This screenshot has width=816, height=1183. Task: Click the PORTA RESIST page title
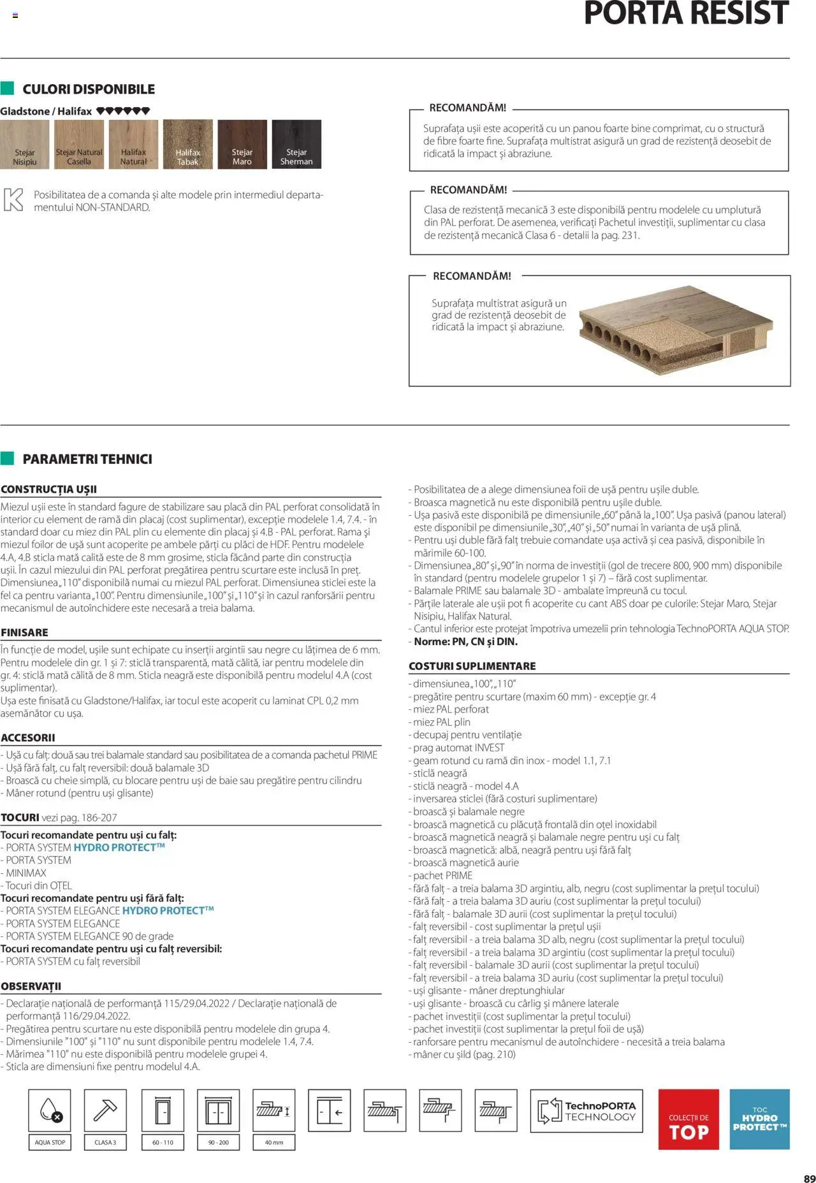[x=686, y=14]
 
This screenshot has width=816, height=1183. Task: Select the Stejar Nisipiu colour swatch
[x=24, y=144]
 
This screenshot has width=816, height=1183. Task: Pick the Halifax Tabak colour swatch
[x=187, y=144]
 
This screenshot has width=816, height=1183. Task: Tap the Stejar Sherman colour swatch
[x=296, y=144]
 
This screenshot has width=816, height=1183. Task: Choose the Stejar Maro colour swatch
[x=242, y=144]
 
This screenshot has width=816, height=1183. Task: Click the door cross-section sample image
[x=675, y=329]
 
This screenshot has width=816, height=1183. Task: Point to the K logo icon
[x=13, y=200]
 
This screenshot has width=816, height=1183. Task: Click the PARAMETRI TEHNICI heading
[x=87, y=459]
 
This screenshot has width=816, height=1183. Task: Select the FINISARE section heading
[x=24, y=632]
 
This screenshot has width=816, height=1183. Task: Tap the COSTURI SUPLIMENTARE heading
[x=472, y=666]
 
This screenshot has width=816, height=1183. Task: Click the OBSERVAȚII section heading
[x=31, y=986]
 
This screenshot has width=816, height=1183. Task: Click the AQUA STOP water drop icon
[x=49, y=1110]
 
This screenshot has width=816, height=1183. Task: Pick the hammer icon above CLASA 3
[x=105, y=1110]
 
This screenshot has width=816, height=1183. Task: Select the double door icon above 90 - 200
[x=218, y=1110]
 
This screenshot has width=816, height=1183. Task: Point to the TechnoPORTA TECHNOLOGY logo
[x=586, y=1110]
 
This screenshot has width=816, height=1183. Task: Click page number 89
[x=809, y=1179]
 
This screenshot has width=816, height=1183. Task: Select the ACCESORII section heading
[x=27, y=737]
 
